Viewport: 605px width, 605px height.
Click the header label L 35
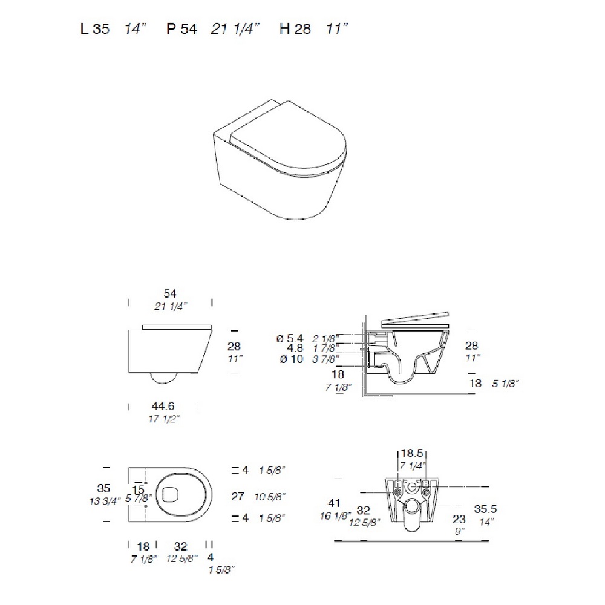point(95,29)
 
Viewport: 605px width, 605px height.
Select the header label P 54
point(181,29)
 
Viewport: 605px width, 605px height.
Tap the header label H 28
point(295,29)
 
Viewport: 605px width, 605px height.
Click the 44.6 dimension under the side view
point(163,406)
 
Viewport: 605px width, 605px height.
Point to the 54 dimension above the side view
point(170,293)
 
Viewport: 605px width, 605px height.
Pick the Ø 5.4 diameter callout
point(290,338)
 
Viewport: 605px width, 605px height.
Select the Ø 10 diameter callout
point(292,359)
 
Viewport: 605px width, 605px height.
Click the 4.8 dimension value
point(295,348)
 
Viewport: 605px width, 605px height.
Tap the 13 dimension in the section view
point(476,383)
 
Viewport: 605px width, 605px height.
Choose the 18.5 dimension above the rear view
point(411,453)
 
